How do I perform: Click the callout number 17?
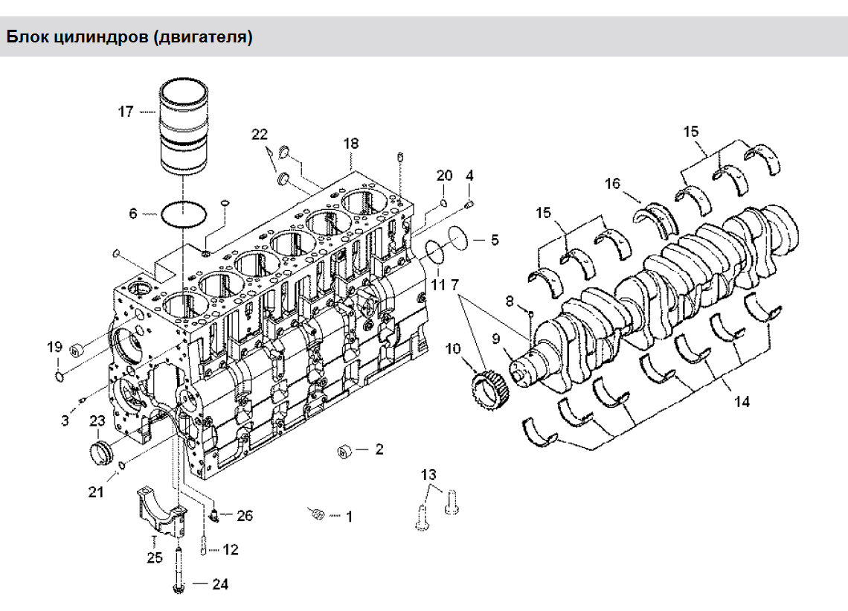click(x=125, y=112)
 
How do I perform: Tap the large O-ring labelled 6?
click(x=184, y=214)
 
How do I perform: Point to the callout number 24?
click(x=219, y=584)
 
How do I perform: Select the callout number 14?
click(x=741, y=402)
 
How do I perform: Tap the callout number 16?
click(x=612, y=183)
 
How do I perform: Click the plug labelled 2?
click(x=344, y=450)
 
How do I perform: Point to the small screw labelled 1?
click(x=318, y=513)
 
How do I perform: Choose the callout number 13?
click(x=428, y=475)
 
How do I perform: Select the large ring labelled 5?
click(x=460, y=239)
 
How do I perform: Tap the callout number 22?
click(x=259, y=135)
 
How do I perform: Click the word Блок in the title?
click(x=28, y=36)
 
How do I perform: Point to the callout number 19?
click(x=54, y=346)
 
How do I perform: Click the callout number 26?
click(x=245, y=515)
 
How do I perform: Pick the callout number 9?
click(x=495, y=339)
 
